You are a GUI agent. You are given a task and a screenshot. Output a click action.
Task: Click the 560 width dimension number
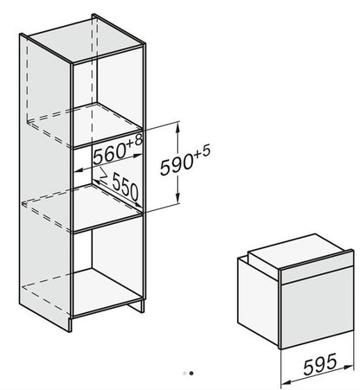click(x=109, y=156)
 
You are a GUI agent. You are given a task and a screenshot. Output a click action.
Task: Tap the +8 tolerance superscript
click(x=135, y=141)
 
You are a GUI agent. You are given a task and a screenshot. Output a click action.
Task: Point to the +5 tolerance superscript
click(x=202, y=151)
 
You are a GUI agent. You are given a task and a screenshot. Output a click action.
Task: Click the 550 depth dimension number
click(x=125, y=187)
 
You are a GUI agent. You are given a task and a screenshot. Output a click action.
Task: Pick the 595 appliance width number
click(x=320, y=364)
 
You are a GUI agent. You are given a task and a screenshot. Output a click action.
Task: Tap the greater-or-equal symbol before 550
click(x=103, y=177)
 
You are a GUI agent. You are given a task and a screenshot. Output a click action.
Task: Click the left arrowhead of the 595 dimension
click(x=285, y=382)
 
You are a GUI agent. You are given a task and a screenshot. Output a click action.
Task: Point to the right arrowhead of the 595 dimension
click(x=349, y=366)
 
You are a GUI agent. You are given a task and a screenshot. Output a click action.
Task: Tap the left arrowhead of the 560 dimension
click(x=79, y=170)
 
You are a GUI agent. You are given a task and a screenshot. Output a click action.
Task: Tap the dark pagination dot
click(x=191, y=374)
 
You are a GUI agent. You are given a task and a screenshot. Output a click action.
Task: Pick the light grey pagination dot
click(x=184, y=374)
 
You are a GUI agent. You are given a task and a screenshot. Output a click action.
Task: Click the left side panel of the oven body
click(x=258, y=300)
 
